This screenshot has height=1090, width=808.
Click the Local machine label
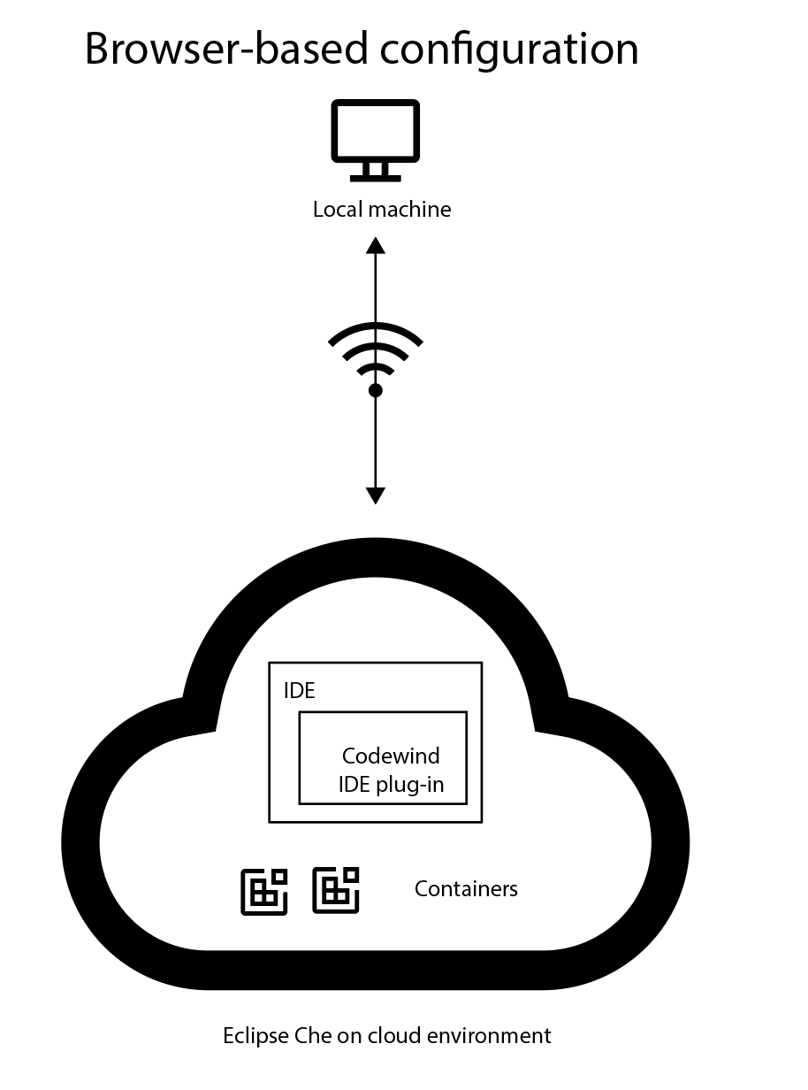382,210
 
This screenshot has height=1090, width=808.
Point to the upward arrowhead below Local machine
376,245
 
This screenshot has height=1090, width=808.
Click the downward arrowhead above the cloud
376,495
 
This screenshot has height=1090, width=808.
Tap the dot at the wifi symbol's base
376,390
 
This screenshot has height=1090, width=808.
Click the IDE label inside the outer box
299,691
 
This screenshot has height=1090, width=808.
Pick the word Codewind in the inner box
391,756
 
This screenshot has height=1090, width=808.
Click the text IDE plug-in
391,785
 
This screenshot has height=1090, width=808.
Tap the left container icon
264,891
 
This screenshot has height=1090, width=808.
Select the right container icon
337,889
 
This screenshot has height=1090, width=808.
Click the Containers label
466,888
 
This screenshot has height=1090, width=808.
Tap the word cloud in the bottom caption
385,1036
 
